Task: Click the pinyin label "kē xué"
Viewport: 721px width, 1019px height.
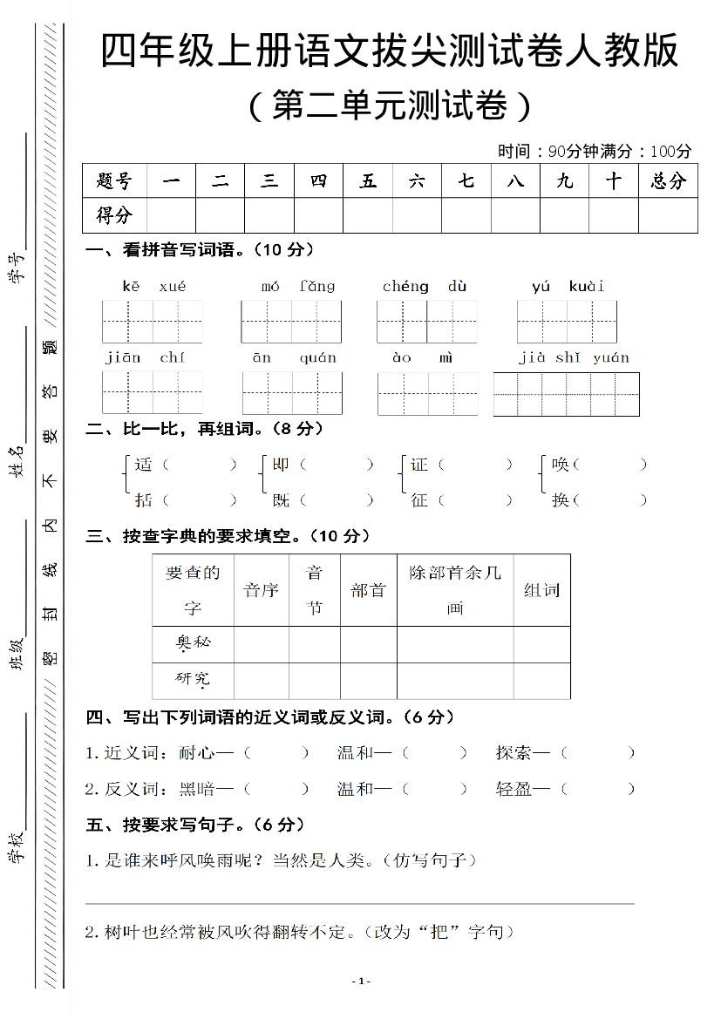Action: [x=153, y=286]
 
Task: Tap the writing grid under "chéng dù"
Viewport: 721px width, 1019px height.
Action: [x=427, y=322]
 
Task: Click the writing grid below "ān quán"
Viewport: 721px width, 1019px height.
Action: [x=292, y=393]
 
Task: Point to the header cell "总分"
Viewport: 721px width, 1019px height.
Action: [x=668, y=181]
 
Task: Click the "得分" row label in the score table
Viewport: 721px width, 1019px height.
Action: [x=114, y=215]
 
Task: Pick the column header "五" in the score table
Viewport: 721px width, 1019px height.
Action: [x=368, y=181]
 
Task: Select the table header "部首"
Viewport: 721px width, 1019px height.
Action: [x=368, y=590]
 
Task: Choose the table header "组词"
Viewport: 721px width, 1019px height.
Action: [x=541, y=590]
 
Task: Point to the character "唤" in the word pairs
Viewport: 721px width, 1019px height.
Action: [x=561, y=465]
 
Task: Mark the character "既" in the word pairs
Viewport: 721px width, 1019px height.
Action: [x=281, y=500]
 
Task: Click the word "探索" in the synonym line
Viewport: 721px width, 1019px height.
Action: [x=514, y=752]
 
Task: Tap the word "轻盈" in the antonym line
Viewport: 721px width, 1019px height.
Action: [x=514, y=789]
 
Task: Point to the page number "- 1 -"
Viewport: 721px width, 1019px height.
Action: [x=361, y=982]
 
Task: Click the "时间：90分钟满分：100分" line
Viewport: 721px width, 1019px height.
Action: [x=595, y=151]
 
